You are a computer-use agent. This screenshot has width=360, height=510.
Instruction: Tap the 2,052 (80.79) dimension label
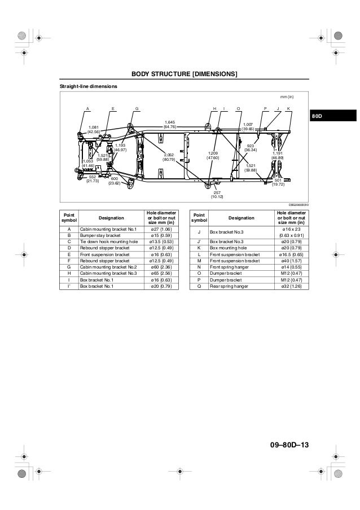(x=169, y=156)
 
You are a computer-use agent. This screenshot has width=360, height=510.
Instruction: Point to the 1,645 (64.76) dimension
(x=170, y=124)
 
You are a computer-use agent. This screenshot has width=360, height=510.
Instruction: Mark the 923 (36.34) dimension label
(x=251, y=148)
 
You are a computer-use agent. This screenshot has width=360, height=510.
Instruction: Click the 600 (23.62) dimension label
(x=115, y=181)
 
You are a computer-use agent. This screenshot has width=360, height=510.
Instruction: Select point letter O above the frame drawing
(x=238, y=108)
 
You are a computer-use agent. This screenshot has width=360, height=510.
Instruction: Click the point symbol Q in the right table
(x=195, y=286)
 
